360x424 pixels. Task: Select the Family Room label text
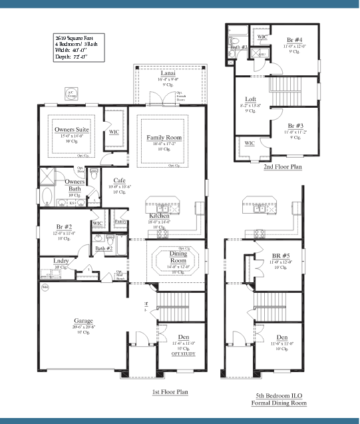coord(164,137)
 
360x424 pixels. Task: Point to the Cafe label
coord(119,180)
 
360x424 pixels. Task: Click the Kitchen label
coord(159,216)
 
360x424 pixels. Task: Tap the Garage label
coord(83,321)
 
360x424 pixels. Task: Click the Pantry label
coord(120,221)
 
